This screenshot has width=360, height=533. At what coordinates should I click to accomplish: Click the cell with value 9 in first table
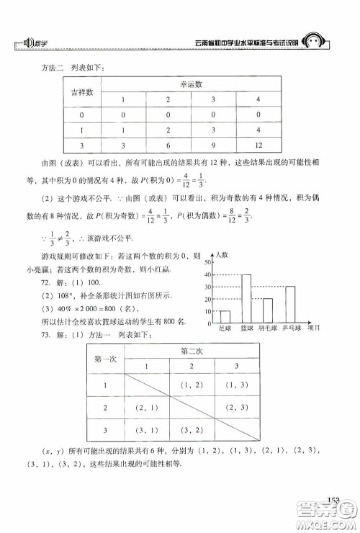[253, 145]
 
